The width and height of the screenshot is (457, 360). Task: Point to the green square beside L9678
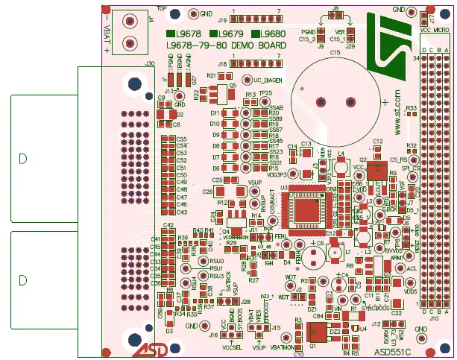pos(171,34)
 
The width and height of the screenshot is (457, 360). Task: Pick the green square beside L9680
pos(255,34)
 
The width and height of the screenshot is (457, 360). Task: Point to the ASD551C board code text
pos(394,349)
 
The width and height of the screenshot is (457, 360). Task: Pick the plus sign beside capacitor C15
pos(385,101)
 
